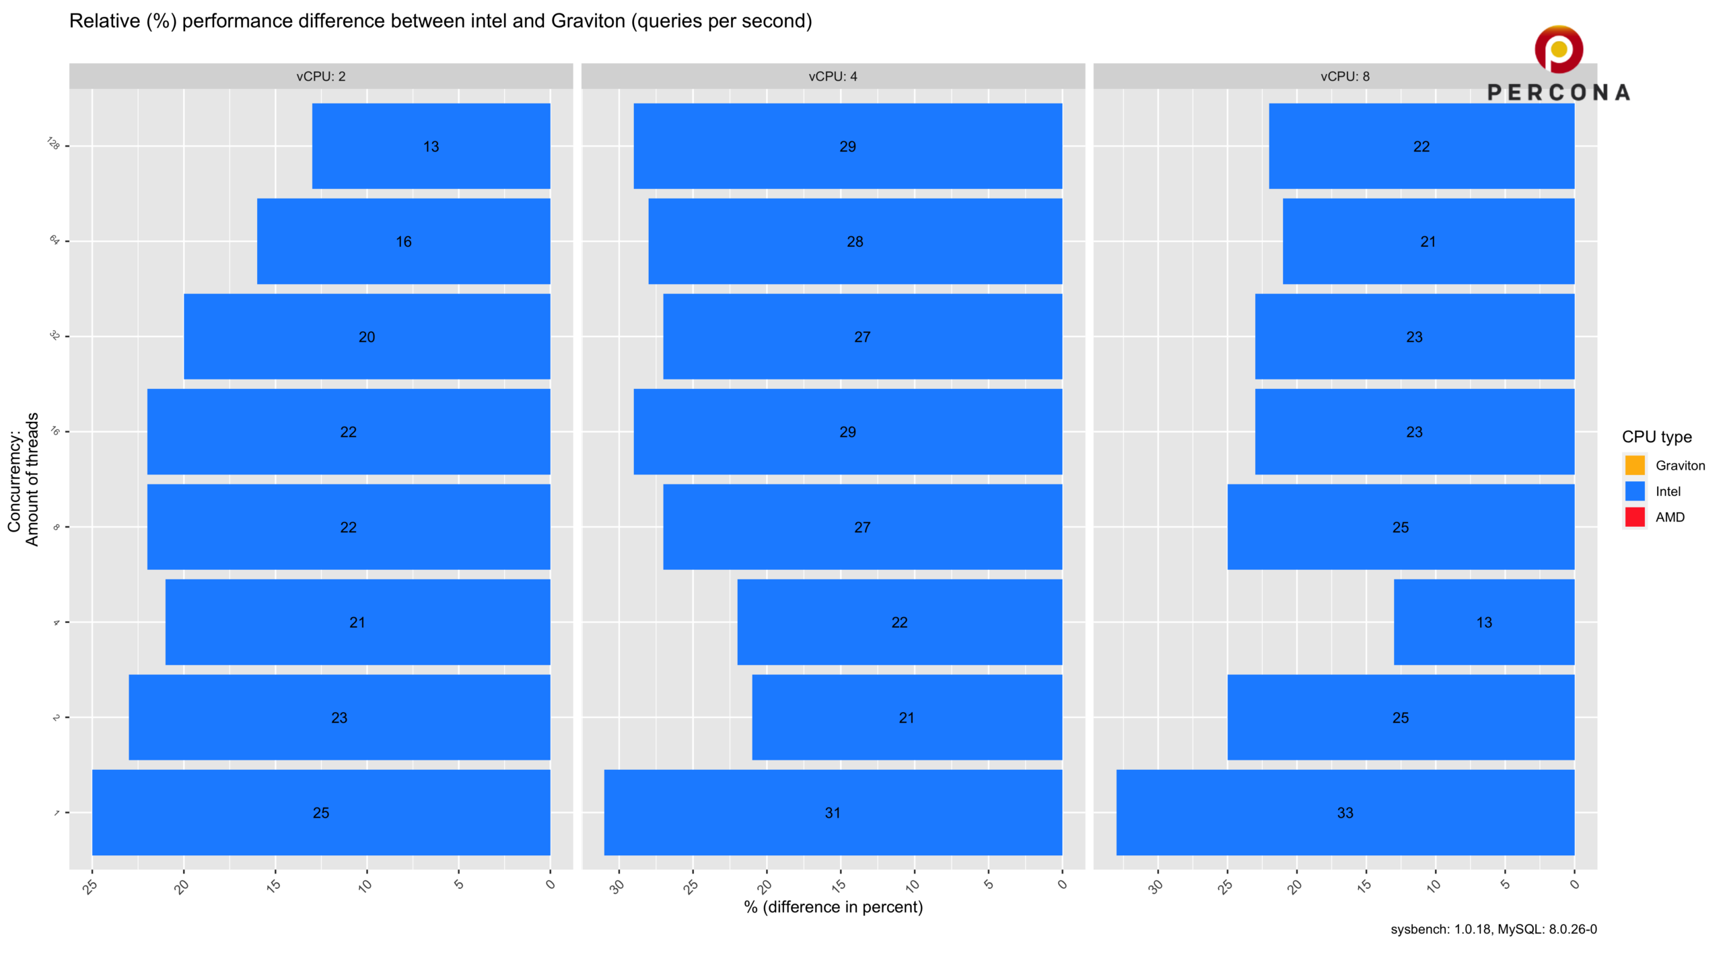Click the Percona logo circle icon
[x=1558, y=49]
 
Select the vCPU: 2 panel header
[x=321, y=76]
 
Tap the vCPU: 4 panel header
[x=833, y=76]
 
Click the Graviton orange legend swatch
[x=1634, y=465]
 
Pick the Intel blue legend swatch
[x=1634, y=491]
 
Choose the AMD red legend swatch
[x=1634, y=517]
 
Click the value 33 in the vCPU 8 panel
[x=1345, y=813]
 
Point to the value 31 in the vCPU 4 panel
[x=833, y=813]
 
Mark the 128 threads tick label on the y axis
[x=54, y=143]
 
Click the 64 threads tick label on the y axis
[x=55, y=240]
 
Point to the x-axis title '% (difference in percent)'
[x=833, y=907]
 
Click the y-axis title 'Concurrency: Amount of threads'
[x=23, y=479]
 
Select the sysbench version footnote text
[x=1493, y=929]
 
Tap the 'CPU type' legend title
[x=1656, y=437]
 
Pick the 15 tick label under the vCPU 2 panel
[x=273, y=885]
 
